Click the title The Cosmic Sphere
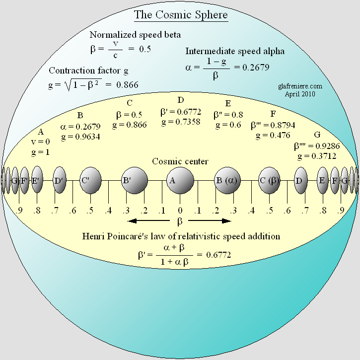point(180,14)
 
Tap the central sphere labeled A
point(180,180)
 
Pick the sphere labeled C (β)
point(270,180)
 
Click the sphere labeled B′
point(135,180)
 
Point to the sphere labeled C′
point(90,180)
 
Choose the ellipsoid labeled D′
point(60,180)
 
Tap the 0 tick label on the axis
point(180,211)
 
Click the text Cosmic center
point(180,161)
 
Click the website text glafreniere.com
point(300,86)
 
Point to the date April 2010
point(300,93)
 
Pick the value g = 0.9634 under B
point(80,138)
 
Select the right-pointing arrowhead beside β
point(227,220)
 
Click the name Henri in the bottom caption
point(94,236)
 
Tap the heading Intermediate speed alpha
point(235,51)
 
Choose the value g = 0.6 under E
point(227,125)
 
